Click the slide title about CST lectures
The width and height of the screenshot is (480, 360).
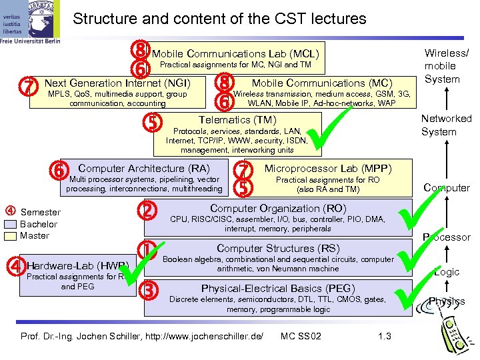[x=219, y=19]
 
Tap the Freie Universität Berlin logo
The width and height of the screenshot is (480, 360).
[x=30, y=22]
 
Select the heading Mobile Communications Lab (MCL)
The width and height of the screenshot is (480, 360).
[x=236, y=53]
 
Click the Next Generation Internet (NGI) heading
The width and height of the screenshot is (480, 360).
[x=117, y=83]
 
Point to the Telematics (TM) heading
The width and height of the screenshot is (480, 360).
[x=237, y=120]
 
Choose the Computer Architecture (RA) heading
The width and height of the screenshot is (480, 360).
[x=143, y=169]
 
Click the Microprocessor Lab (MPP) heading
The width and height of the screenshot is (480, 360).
[x=328, y=169]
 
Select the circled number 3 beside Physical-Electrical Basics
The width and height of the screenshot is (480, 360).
[x=150, y=291]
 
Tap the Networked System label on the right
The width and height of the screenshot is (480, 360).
[x=445, y=125]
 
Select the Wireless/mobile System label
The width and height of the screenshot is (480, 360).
[x=442, y=66]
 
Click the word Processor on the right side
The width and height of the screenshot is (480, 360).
[x=447, y=237]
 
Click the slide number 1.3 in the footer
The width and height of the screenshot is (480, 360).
[x=384, y=335]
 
